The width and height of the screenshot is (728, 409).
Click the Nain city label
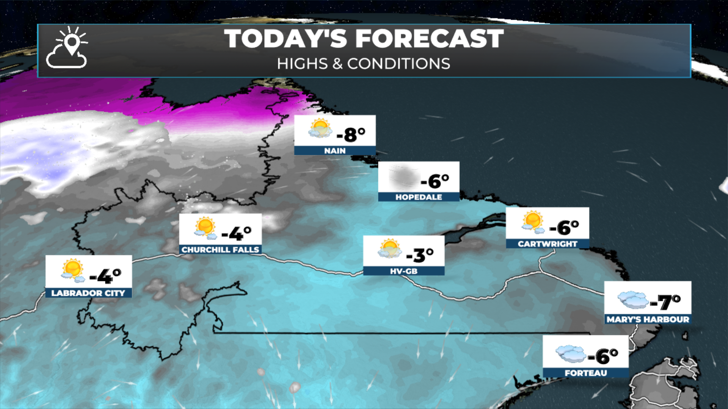pyautogui.click(x=335, y=151)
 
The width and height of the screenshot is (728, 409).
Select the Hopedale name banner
pyautogui.click(x=419, y=197)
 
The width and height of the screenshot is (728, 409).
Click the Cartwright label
pyautogui.click(x=548, y=244)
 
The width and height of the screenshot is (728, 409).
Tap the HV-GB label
pyautogui.click(x=403, y=271)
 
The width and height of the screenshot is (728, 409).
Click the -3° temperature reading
pyautogui.click(x=420, y=255)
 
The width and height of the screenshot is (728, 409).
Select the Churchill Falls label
pyautogui.click(x=220, y=250)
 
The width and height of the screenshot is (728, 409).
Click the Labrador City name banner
pyautogui.click(x=88, y=293)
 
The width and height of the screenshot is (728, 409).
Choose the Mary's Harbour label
pyautogui.click(x=648, y=319)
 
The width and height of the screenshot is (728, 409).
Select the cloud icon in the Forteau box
pyautogui.click(x=571, y=354)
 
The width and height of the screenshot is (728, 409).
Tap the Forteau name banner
pyautogui.click(x=585, y=373)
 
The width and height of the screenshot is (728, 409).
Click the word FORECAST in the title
pyautogui.click(x=429, y=39)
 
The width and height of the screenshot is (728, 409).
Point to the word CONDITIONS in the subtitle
pyautogui.click(x=399, y=64)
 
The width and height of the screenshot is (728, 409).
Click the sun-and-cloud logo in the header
pyautogui.click(x=67, y=48)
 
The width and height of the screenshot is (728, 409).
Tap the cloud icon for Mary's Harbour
pyautogui.click(x=633, y=300)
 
